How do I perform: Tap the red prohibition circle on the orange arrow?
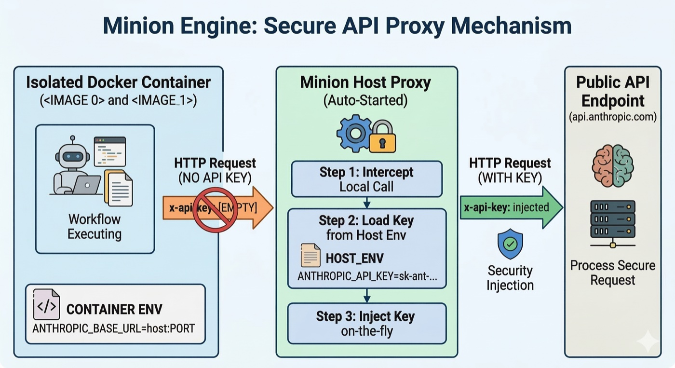(x=215, y=210)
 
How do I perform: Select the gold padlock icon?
(x=382, y=138)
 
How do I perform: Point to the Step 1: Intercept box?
(x=366, y=179)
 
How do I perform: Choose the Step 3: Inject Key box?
(x=366, y=323)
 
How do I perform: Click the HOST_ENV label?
(x=354, y=258)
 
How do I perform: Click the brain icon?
(x=612, y=166)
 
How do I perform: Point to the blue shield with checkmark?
(x=510, y=244)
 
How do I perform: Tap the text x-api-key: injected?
(x=506, y=207)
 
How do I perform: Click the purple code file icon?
(x=46, y=304)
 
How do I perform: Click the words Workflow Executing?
(x=94, y=227)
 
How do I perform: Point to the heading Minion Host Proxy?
(x=365, y=82)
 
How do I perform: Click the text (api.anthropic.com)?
(x=612, y=117)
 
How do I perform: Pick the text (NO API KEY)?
(x=215, y=177)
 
